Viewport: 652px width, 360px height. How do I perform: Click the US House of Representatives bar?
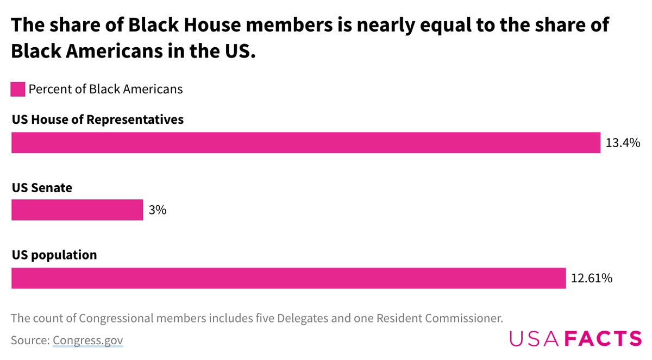[305, 143]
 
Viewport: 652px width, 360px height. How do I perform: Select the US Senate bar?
[77, 210]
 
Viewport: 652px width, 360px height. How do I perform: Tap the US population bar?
[289, 278]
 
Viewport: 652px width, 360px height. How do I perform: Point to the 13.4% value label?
[623, 143]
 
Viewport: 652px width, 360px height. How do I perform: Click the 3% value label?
[157, 210]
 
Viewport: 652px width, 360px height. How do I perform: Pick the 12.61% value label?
[592, 278]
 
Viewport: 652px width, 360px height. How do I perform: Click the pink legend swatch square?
[18, 89]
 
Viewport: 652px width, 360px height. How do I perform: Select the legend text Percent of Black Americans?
[105, 89]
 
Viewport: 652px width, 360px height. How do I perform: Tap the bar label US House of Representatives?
[98, 119]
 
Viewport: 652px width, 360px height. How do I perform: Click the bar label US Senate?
[42, 188]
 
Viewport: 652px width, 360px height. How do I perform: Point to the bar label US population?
[54, 255]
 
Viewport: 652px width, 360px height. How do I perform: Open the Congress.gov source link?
[88, 340]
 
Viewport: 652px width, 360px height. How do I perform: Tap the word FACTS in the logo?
[603, 338]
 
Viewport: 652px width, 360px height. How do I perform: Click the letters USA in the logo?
[534, 338]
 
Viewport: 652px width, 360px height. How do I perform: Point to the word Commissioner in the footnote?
[455, 318]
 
